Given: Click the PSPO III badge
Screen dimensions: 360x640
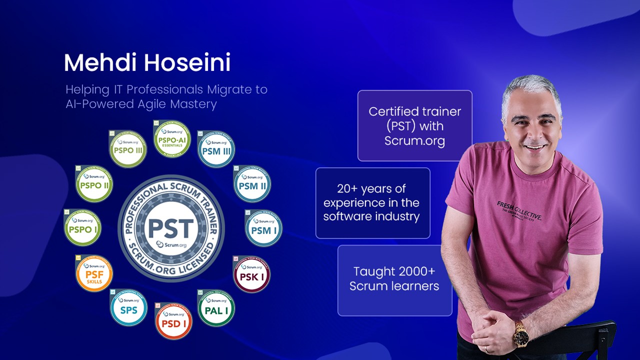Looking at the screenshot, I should point(128,149).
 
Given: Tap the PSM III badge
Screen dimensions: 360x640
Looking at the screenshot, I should point(216,149).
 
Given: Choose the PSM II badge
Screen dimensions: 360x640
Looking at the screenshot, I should point(252,184).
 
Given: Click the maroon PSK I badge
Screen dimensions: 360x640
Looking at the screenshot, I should point(251,274).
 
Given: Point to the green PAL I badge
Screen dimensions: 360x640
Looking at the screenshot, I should point(216,308).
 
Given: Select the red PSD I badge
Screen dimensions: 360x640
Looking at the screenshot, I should point(173,321).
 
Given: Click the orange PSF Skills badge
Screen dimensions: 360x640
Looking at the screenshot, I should point(94,274).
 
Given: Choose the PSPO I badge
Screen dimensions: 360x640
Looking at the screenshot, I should point(82,228).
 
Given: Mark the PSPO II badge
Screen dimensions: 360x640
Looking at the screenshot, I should point(94,184).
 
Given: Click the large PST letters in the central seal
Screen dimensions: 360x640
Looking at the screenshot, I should point(171,228).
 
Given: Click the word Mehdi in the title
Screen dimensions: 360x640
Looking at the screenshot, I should point(101,63).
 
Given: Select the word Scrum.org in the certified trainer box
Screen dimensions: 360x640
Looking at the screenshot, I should point(414,141).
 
